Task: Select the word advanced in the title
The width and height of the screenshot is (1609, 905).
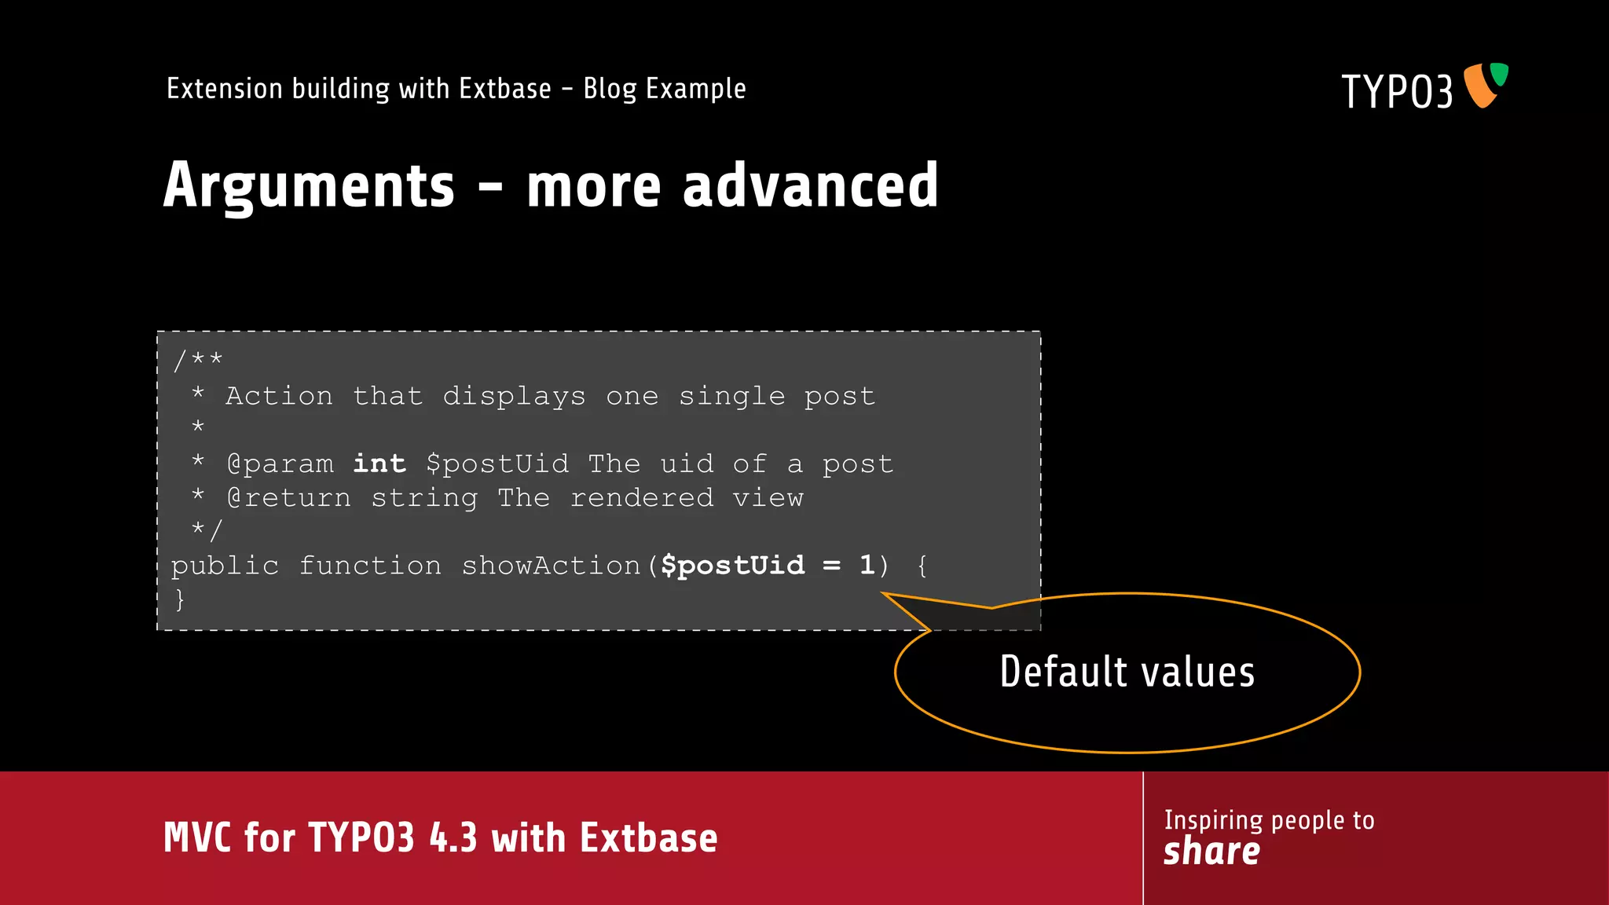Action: [810, 185]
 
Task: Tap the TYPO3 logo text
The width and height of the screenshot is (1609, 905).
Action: [1397, 92]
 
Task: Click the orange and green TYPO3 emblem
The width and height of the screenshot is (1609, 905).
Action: [1485, 85]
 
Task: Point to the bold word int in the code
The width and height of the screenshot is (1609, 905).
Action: [379, 463]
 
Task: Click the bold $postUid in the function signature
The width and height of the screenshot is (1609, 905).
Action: [732, 565]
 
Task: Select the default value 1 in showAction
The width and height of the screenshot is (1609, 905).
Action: [867, 565]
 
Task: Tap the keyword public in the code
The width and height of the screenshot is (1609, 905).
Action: [225, 566]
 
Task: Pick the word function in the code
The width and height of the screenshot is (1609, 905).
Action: [370, 566]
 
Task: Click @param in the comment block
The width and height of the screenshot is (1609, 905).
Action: [280, 464]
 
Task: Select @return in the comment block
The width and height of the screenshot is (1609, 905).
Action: [288, 498]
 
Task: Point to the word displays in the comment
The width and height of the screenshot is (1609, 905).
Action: [514, 397]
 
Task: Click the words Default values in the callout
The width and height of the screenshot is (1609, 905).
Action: [1127, 672]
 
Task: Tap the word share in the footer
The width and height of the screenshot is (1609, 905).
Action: [1211, 852]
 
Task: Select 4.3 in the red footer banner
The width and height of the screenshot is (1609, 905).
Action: [453, 837]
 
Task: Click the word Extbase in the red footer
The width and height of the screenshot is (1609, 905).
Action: [649, 837]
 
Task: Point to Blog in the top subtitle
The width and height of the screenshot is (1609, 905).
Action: [610, 90]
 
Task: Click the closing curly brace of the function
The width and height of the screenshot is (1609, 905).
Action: [180, 599]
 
